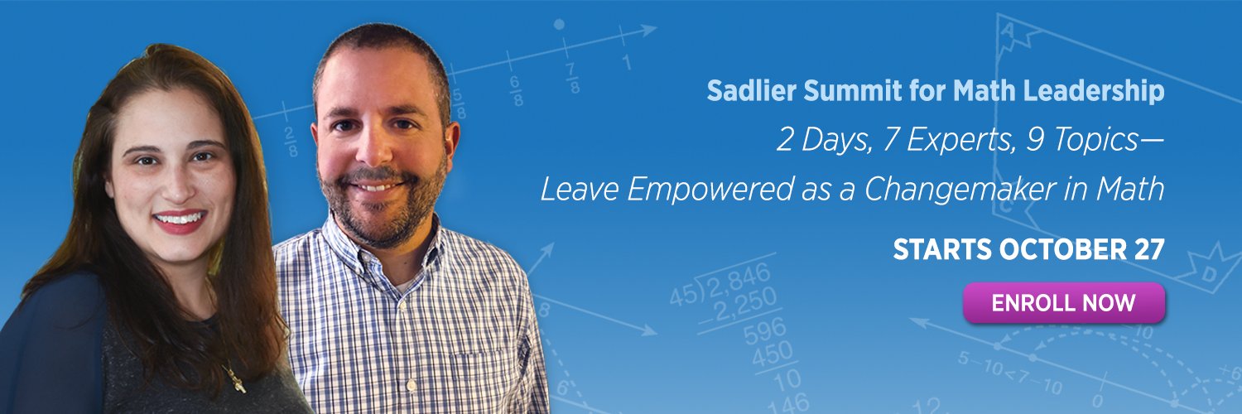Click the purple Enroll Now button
tap(1063, 302)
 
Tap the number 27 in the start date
tap(1149, 249)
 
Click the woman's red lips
tap(179, 220)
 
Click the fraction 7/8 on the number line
tap(572, 78)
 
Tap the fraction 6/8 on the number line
tap(515, 90)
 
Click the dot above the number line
tap(559, 24)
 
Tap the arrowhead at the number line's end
tap(647, 30)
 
